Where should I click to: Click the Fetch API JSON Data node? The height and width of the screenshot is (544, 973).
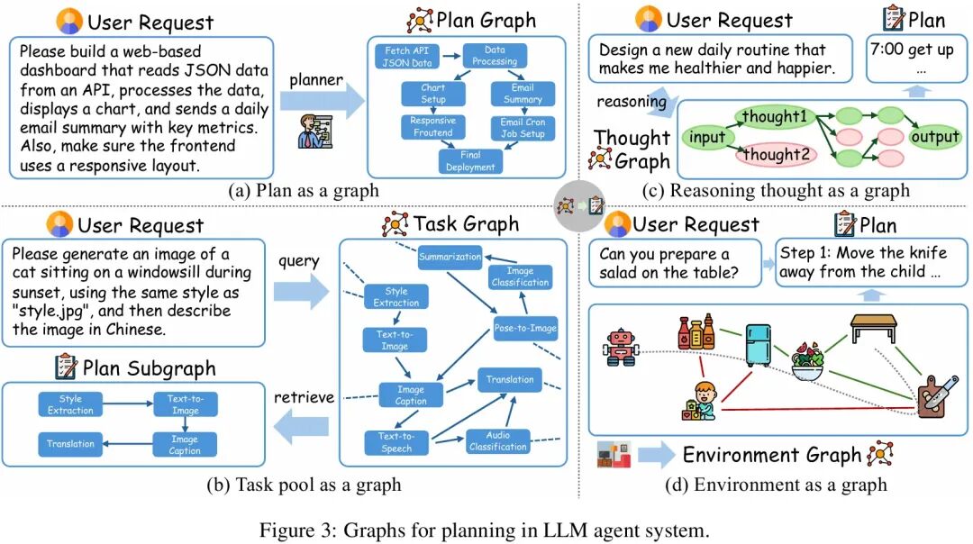tap(407, 56)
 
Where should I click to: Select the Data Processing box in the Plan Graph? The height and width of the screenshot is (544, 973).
tap(495, 56)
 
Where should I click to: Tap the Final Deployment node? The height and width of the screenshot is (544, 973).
tap(469, 161)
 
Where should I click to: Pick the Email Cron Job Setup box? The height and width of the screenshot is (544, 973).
tap(523, 128)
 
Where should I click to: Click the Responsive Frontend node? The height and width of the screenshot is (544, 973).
tap(432, 127)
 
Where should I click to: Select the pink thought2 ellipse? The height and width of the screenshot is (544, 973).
tap(772, 155)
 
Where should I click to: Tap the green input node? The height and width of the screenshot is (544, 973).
tap(707, 138)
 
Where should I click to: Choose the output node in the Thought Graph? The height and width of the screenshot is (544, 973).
tap(935, 138)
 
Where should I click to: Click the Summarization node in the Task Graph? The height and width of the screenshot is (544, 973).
tap(450, 257)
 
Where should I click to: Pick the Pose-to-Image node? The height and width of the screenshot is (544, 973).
tap(525, 328)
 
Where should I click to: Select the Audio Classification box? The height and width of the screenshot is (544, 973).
tap(498, 440)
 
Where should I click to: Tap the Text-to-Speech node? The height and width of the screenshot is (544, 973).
tap(396, 442)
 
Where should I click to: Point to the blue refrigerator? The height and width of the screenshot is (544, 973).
tap(757, 344)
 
